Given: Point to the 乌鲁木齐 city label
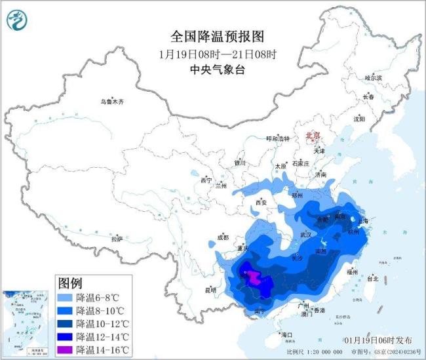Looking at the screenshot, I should click(112, 102).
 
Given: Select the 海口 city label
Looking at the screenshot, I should click(287, 334).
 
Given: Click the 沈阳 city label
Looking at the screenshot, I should click(358, 119).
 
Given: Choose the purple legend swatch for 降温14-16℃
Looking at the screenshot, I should click(66, 350).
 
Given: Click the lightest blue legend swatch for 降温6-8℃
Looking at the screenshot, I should click(66, 297).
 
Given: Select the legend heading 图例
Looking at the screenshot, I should click(70, 283).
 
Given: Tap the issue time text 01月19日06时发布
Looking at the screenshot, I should click(378, 340).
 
